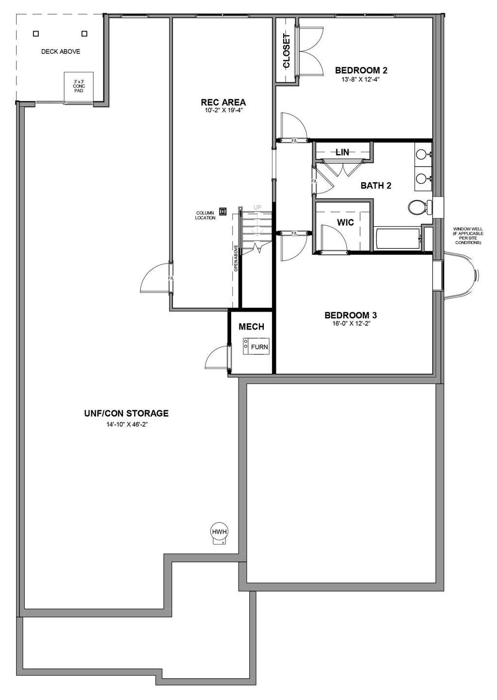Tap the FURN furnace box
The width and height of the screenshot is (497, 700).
257,346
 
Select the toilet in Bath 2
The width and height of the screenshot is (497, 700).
420,207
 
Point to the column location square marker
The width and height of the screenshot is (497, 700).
223,211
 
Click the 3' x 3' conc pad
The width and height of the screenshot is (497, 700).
79,87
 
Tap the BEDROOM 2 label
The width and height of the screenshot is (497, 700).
361,70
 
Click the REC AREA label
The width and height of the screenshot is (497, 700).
223,102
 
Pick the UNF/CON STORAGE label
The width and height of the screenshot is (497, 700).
126,413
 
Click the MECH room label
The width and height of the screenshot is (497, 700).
252,327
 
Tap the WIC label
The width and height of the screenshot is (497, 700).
345,223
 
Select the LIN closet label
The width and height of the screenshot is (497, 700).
343,153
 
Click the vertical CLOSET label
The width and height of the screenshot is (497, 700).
286,51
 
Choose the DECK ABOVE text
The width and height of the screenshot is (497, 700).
61,52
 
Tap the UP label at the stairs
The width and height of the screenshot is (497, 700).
257,207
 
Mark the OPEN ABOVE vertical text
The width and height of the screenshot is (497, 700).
236,258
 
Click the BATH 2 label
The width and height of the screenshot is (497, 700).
376,186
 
